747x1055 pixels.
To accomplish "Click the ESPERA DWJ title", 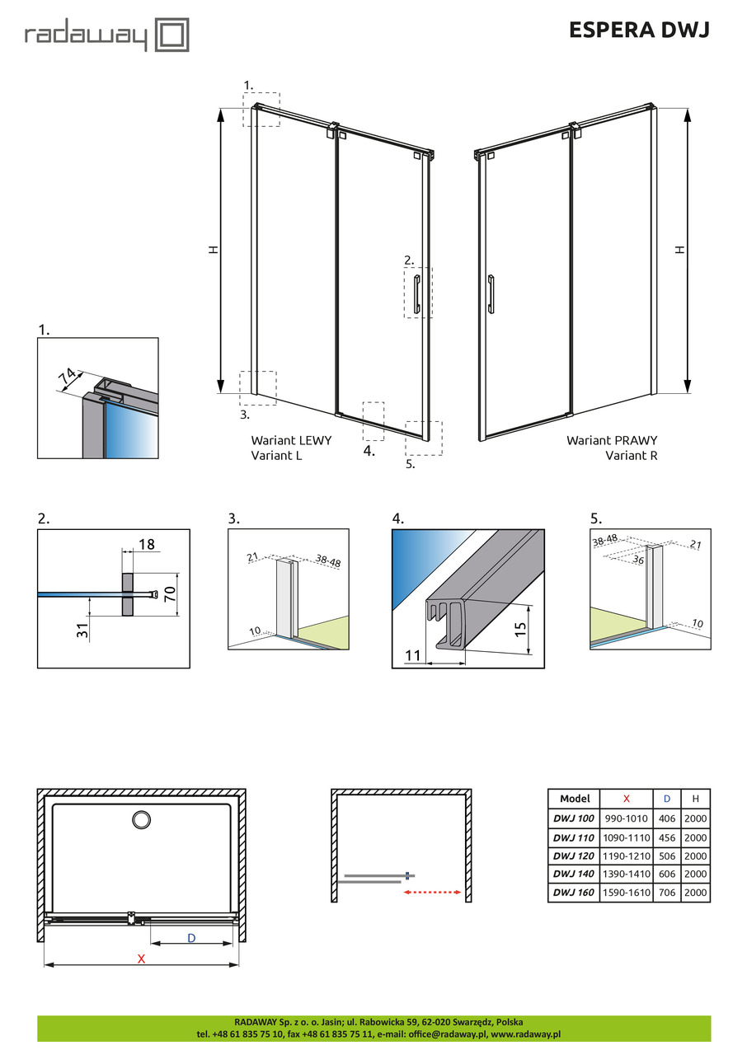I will pyautogui.click(x=638, y=30).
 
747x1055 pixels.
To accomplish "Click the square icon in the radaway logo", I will pyautogui.click(x=172, y=36).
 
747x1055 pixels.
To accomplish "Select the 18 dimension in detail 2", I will pyautogui.click(x=147, y=545).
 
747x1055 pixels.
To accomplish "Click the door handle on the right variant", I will pyautogui.click(x=491, y=294).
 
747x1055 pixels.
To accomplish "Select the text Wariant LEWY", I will pyautogui.click(x=291, y=441).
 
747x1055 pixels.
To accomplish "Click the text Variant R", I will pyautogui.click(x=632, y=455).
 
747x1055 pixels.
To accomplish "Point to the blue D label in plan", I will pyautogui.click(x=191, y=938).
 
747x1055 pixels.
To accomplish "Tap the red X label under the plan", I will pyautogui.click(x=141, y=959).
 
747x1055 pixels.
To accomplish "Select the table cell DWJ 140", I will pyautogui.click(x=573, y=874).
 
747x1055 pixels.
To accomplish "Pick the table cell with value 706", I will pyautogui.click(x=666, y=893).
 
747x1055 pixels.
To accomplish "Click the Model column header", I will pyautogui.click(x=574, y=799).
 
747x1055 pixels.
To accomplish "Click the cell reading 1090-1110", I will pyautogui.click(x=627, y=837).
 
